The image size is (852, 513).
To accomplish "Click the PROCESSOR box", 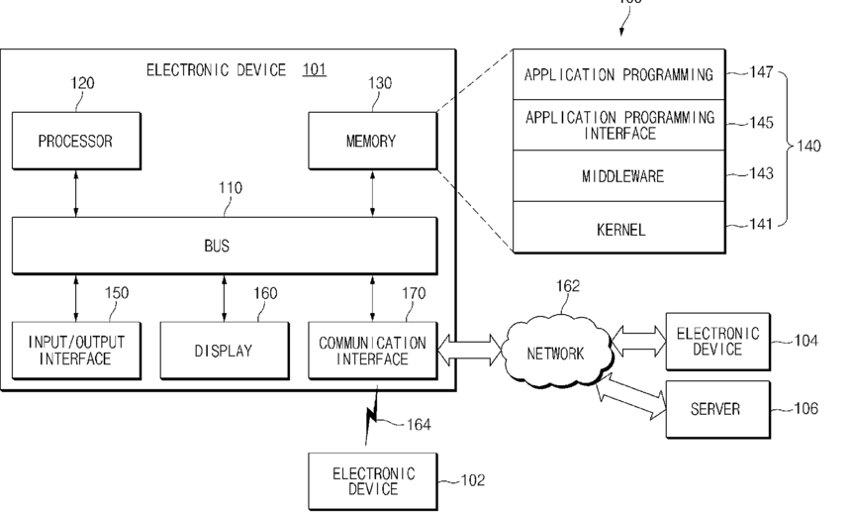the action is point(76,141).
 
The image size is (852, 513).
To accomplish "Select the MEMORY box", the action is point(373,141).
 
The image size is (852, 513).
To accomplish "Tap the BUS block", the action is point(225,246).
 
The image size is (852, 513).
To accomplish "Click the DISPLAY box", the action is point(225,351).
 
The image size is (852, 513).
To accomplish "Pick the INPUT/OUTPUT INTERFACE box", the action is point(76,351).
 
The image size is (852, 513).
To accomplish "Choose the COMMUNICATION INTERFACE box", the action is point(373,351).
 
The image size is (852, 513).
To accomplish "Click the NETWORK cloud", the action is point(557,353).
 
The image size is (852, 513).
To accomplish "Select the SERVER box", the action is point(718,409).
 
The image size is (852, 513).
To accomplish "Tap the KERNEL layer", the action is point(619,228).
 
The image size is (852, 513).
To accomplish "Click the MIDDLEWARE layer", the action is point(619,175).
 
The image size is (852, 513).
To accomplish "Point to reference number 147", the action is point(761,72).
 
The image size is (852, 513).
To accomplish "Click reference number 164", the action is point(419,424).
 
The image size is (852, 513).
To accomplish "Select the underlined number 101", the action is point(314,69).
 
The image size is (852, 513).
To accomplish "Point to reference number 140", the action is point(808,146).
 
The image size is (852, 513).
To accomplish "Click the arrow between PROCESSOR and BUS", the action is point(76,193).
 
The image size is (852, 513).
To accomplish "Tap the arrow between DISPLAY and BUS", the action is point(225,298).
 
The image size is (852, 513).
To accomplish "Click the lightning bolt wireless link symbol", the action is point(372,416).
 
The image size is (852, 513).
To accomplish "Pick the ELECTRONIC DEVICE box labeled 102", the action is point(373,481).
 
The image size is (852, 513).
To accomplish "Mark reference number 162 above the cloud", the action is point(568,286).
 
